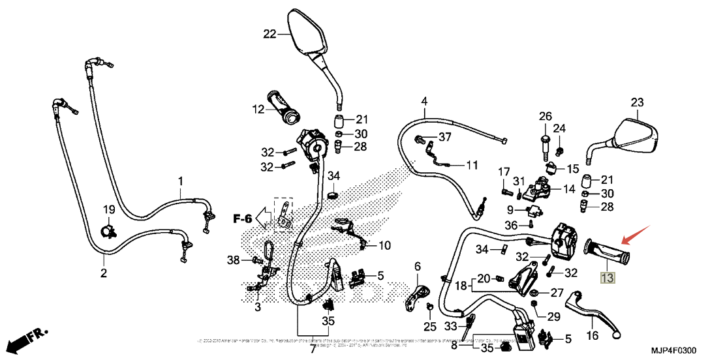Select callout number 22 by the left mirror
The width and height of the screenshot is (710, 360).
[270, 34]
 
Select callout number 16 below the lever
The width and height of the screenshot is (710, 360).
[592, 337]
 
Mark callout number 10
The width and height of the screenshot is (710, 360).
[384, 246]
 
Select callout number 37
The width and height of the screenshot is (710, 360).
[445, 137]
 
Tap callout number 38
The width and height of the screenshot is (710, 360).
[234, 260]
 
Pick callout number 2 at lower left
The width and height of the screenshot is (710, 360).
[103, 273]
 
